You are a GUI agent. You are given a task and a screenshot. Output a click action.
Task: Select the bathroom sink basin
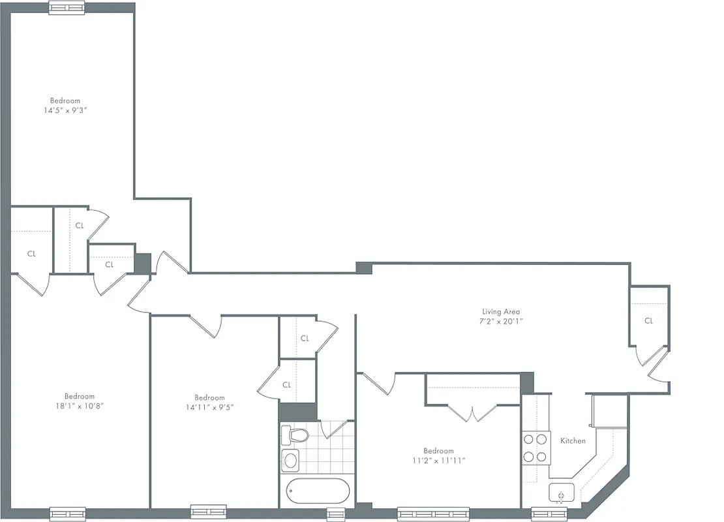click(x=291, y=461)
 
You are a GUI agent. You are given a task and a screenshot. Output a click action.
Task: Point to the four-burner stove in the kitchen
click(x=535, y=448)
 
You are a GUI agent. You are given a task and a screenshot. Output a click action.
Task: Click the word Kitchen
click(x=573, y=441)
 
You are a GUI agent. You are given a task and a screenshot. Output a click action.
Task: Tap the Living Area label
click(x=501, y=311)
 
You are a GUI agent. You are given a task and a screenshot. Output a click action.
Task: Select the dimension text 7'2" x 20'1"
click(x=501, y=320)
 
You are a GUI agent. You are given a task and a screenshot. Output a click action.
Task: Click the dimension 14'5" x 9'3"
click(x=65, y=110)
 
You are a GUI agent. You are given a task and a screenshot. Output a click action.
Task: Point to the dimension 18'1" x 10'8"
click(x=80, y=405)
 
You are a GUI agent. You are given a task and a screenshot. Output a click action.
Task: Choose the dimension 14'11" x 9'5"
click(x=209, y=407)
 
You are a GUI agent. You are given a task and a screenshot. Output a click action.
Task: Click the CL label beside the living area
click(x=648, y=320)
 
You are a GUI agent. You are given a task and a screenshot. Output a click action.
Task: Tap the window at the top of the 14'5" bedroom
click(x=67, y=8)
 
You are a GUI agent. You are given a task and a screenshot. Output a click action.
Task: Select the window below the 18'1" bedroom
click(x=67, y=513)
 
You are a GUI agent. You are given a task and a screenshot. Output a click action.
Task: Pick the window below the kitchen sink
click(x=549, y=514)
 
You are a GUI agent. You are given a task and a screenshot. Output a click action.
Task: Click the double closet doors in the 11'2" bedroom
click(x=470, y=413)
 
